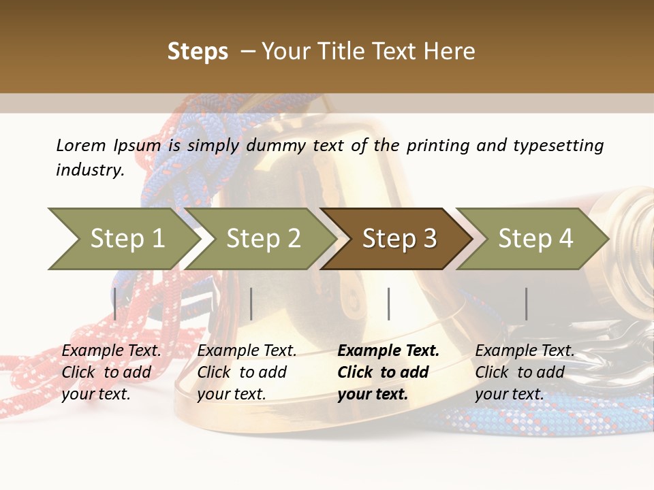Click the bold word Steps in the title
198,52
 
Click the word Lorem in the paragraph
81,145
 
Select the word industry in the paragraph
90,170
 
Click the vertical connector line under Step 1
115,304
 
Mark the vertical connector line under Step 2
251,304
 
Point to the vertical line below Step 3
388,304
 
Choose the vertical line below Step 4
526,304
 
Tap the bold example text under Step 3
388,372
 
